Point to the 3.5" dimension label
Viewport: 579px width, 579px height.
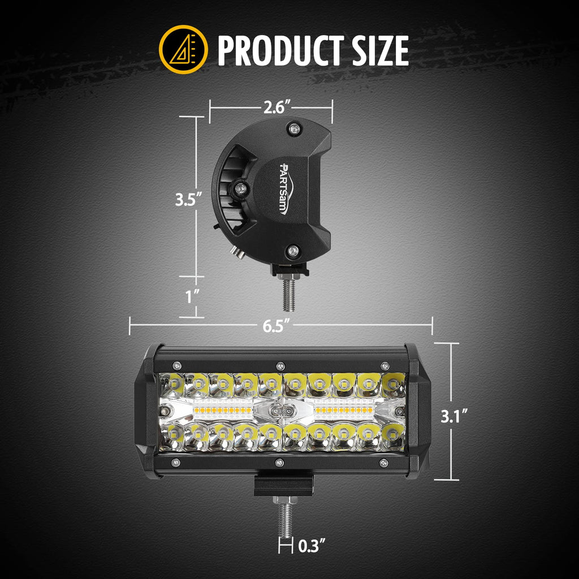click(187, 200)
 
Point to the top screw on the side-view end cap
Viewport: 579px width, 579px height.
click(293, 129)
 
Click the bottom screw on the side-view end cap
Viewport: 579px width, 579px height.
click(293, 250)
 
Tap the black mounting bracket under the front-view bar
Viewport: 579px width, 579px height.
click(283, 485)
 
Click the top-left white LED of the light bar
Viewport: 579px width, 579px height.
click(172, 385)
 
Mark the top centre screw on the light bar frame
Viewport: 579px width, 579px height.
click(279, 364)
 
